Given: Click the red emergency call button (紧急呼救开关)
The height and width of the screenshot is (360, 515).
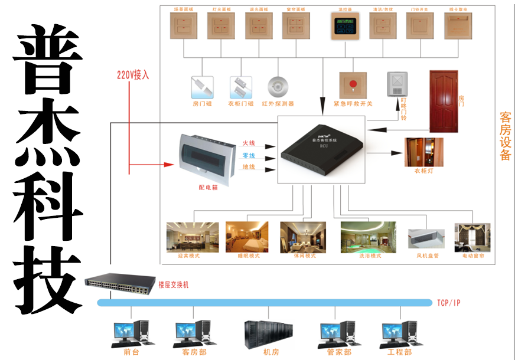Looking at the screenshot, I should (353, 85).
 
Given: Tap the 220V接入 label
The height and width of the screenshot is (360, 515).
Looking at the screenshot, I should (133, 75).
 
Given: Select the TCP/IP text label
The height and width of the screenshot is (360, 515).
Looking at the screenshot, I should (449, 303).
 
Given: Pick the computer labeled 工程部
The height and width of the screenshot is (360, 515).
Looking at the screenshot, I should (400, 332).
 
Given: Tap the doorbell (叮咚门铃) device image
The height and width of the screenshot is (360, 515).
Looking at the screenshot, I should (397, 85).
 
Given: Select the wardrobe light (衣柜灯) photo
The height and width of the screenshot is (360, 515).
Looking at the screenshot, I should (423, 153).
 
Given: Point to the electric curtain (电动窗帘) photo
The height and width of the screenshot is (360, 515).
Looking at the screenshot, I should (472, 237).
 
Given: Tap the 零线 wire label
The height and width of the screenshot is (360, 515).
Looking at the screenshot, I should (249, 156).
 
